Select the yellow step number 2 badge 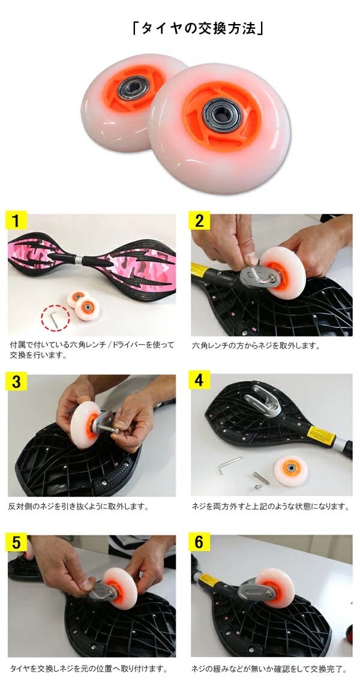199,221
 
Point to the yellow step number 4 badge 199,380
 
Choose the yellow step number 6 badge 199,542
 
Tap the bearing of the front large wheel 221,115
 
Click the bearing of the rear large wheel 134,87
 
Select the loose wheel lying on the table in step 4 291,470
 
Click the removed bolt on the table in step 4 261,478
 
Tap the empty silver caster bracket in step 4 265,400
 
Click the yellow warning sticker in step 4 321,435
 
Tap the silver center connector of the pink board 77,260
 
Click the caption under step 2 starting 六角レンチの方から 256,346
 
